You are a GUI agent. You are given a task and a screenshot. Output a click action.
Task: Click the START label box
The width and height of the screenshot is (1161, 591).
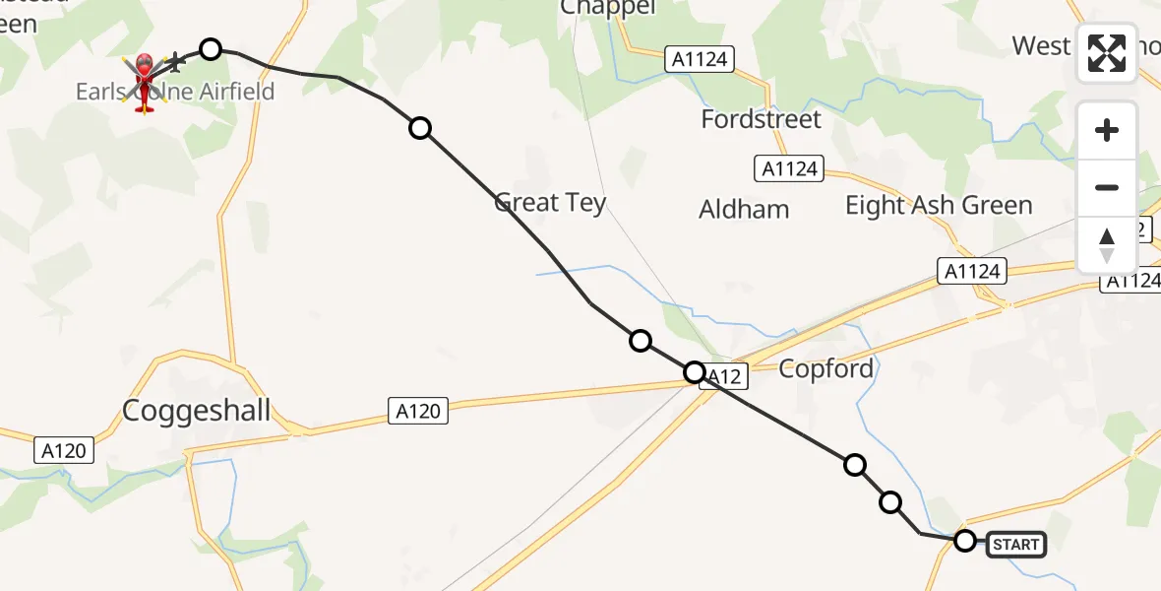pos(1015,545)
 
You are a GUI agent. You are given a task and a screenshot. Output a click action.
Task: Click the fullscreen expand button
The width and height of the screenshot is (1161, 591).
pos(1107,54)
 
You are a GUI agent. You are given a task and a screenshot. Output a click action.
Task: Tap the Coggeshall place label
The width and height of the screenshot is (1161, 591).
pos(196,411)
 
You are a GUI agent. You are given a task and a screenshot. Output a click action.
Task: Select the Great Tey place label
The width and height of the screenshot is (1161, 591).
pos(550,203)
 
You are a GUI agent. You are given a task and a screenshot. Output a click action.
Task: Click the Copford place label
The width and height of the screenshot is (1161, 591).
pos(825,369)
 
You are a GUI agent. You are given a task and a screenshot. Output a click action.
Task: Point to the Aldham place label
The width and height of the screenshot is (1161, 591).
pos(744,210)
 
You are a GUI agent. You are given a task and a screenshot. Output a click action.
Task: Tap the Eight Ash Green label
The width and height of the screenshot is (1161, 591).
pos(939,206)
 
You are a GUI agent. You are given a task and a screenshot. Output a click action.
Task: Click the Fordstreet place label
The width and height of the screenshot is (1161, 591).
pos(761,120)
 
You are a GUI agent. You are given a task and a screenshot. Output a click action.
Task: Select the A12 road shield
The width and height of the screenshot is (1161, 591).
pos(724,375)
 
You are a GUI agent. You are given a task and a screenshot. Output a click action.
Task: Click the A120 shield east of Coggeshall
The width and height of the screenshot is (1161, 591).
pos(417,411)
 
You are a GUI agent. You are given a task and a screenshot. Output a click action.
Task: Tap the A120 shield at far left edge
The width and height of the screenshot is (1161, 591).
pos(66,451)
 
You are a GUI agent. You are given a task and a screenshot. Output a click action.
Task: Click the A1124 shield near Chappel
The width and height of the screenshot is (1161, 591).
pos(701,59)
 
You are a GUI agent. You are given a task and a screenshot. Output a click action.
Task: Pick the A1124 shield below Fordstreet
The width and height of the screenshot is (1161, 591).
pos(790,169)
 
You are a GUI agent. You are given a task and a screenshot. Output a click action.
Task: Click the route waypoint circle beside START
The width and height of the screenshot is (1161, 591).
pos(965,540)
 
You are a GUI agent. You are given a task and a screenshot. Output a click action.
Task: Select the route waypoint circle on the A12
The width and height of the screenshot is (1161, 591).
pos(695,372)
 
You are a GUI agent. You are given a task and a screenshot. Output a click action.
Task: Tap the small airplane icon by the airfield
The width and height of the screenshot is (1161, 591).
pos(176,64)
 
